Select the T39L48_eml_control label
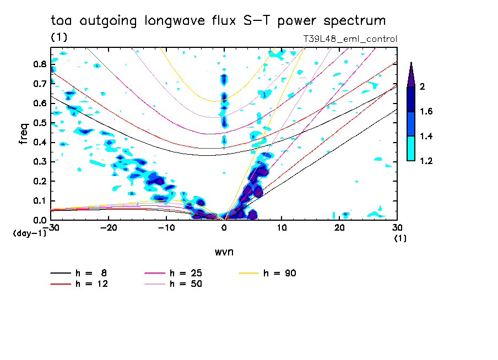(x=350, y=39)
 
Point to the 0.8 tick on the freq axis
(x=39, y=64)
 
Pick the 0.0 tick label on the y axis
(x=39, y=220)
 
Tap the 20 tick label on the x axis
(x=339, y=227)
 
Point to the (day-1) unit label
(x=29, y=233)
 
